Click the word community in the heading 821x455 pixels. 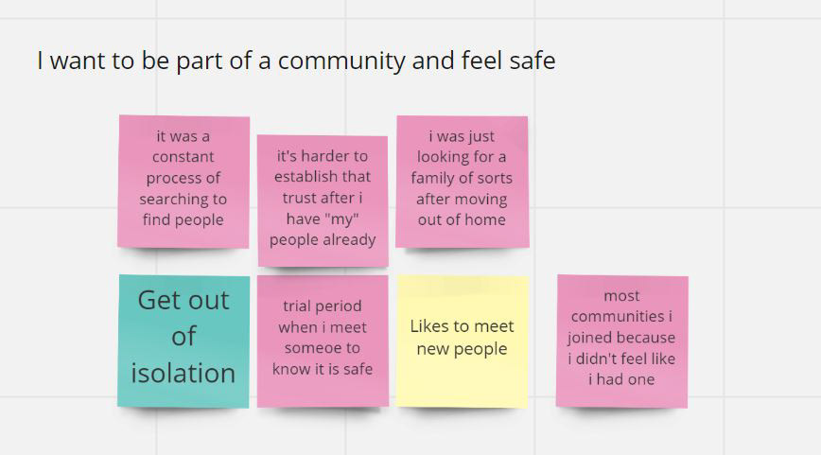tap(341, 61)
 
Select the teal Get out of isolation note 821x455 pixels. tap(183, 341)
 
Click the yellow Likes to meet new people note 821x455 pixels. tap(463, 341)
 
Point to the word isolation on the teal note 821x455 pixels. tap(183, 373)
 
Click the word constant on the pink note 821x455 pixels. tap(183, 156)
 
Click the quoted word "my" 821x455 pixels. tap(323, 219)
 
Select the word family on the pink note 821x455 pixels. tap(430, 178)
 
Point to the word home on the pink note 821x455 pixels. tap(487, 219)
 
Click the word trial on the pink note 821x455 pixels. tap(296, 306)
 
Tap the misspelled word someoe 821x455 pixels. tap(322, 348)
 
